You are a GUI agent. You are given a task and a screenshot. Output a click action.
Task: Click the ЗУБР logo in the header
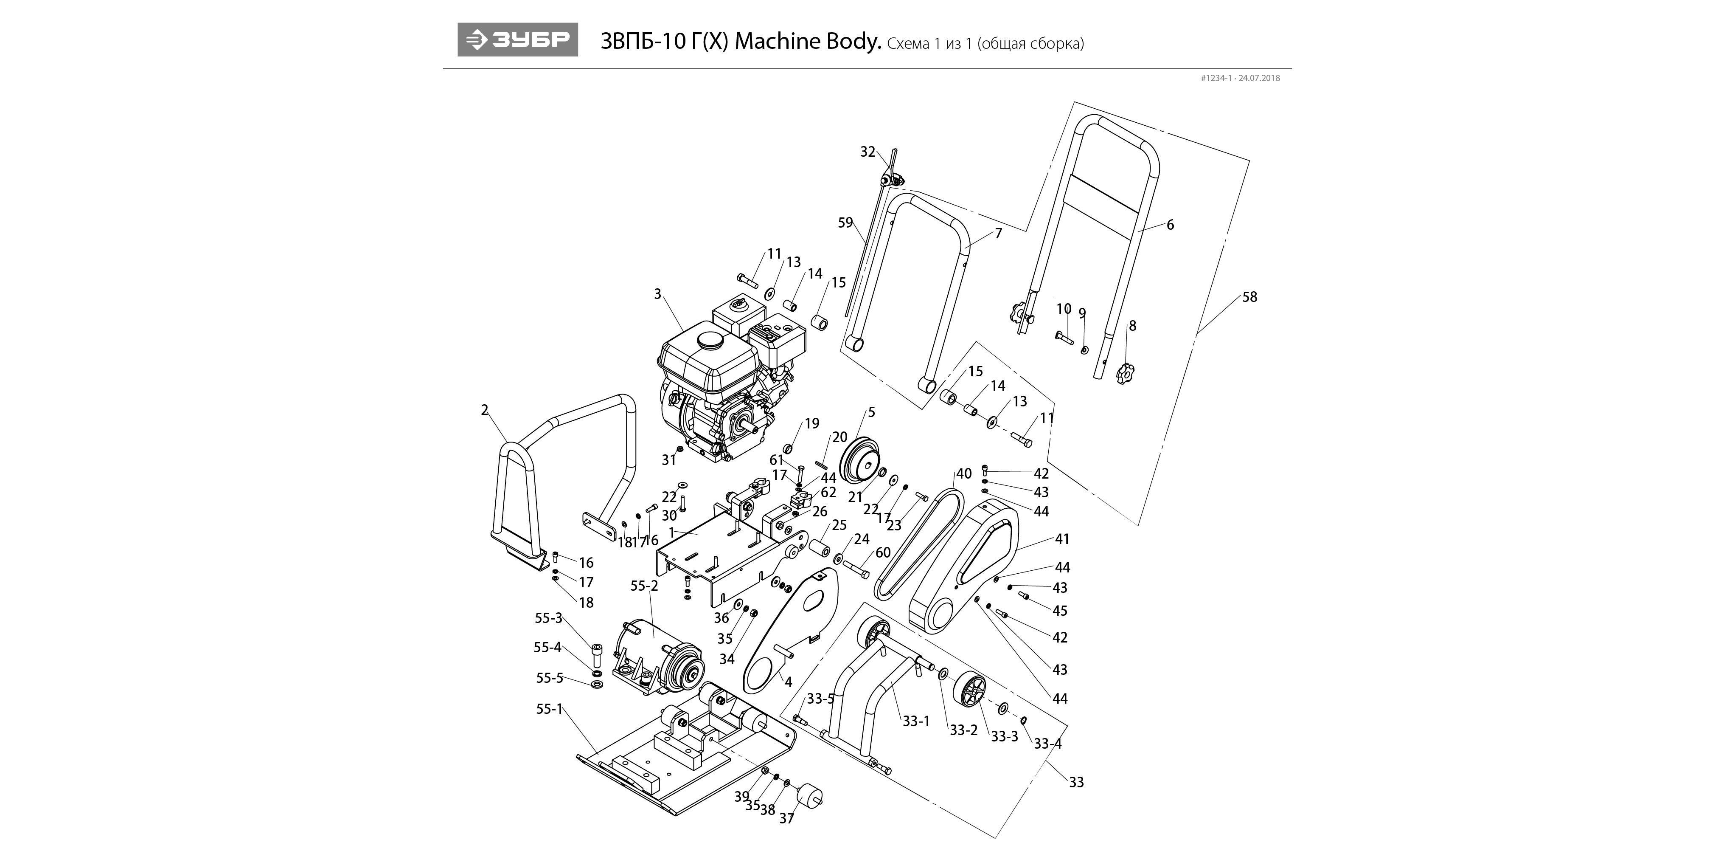517,40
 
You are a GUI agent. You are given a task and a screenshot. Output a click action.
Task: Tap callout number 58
1249,297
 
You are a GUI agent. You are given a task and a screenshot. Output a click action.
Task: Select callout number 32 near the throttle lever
867,152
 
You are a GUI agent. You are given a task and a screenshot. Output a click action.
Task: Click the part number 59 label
845,223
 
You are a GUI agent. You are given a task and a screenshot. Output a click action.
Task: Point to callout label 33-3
1004,737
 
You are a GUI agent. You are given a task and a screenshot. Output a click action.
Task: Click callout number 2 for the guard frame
484,410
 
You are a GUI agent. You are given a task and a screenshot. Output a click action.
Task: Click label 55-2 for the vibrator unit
644,586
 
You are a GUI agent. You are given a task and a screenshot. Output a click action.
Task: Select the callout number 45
1059,611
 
